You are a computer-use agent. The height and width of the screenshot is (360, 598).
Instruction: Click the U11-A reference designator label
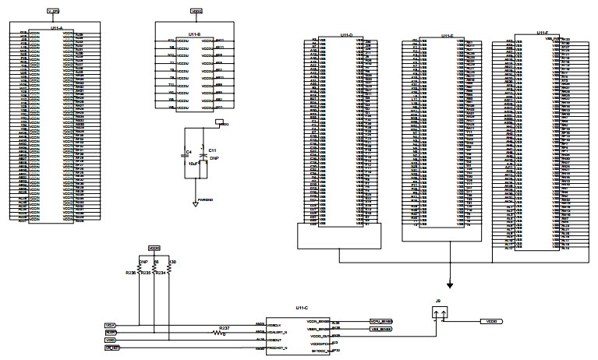click(x=55, y=27)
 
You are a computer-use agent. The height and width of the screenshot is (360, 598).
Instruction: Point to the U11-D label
click(x=346, y=35)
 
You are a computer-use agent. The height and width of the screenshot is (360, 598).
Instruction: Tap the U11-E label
click(x=448, y=35)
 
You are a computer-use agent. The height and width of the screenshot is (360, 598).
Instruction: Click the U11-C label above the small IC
click(x=303, y=309)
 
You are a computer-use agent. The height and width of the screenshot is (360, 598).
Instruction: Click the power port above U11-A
click(x=53, y=11)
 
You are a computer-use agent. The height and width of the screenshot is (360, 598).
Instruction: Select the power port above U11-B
click(x=196, y=12)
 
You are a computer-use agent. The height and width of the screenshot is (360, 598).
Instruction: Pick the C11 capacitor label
click(x=213, y=149)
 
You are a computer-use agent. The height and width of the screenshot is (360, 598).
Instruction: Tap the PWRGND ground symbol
click(x=195, y=203)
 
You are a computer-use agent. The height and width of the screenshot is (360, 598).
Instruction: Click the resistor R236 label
click(x=129, y=273)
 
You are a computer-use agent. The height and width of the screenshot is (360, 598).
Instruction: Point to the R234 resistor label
click(x=161, y=273)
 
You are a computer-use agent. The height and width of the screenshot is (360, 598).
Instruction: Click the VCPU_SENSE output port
click(x=380, y=320)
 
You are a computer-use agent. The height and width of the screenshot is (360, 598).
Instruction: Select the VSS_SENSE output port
click(x=380, y=329)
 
